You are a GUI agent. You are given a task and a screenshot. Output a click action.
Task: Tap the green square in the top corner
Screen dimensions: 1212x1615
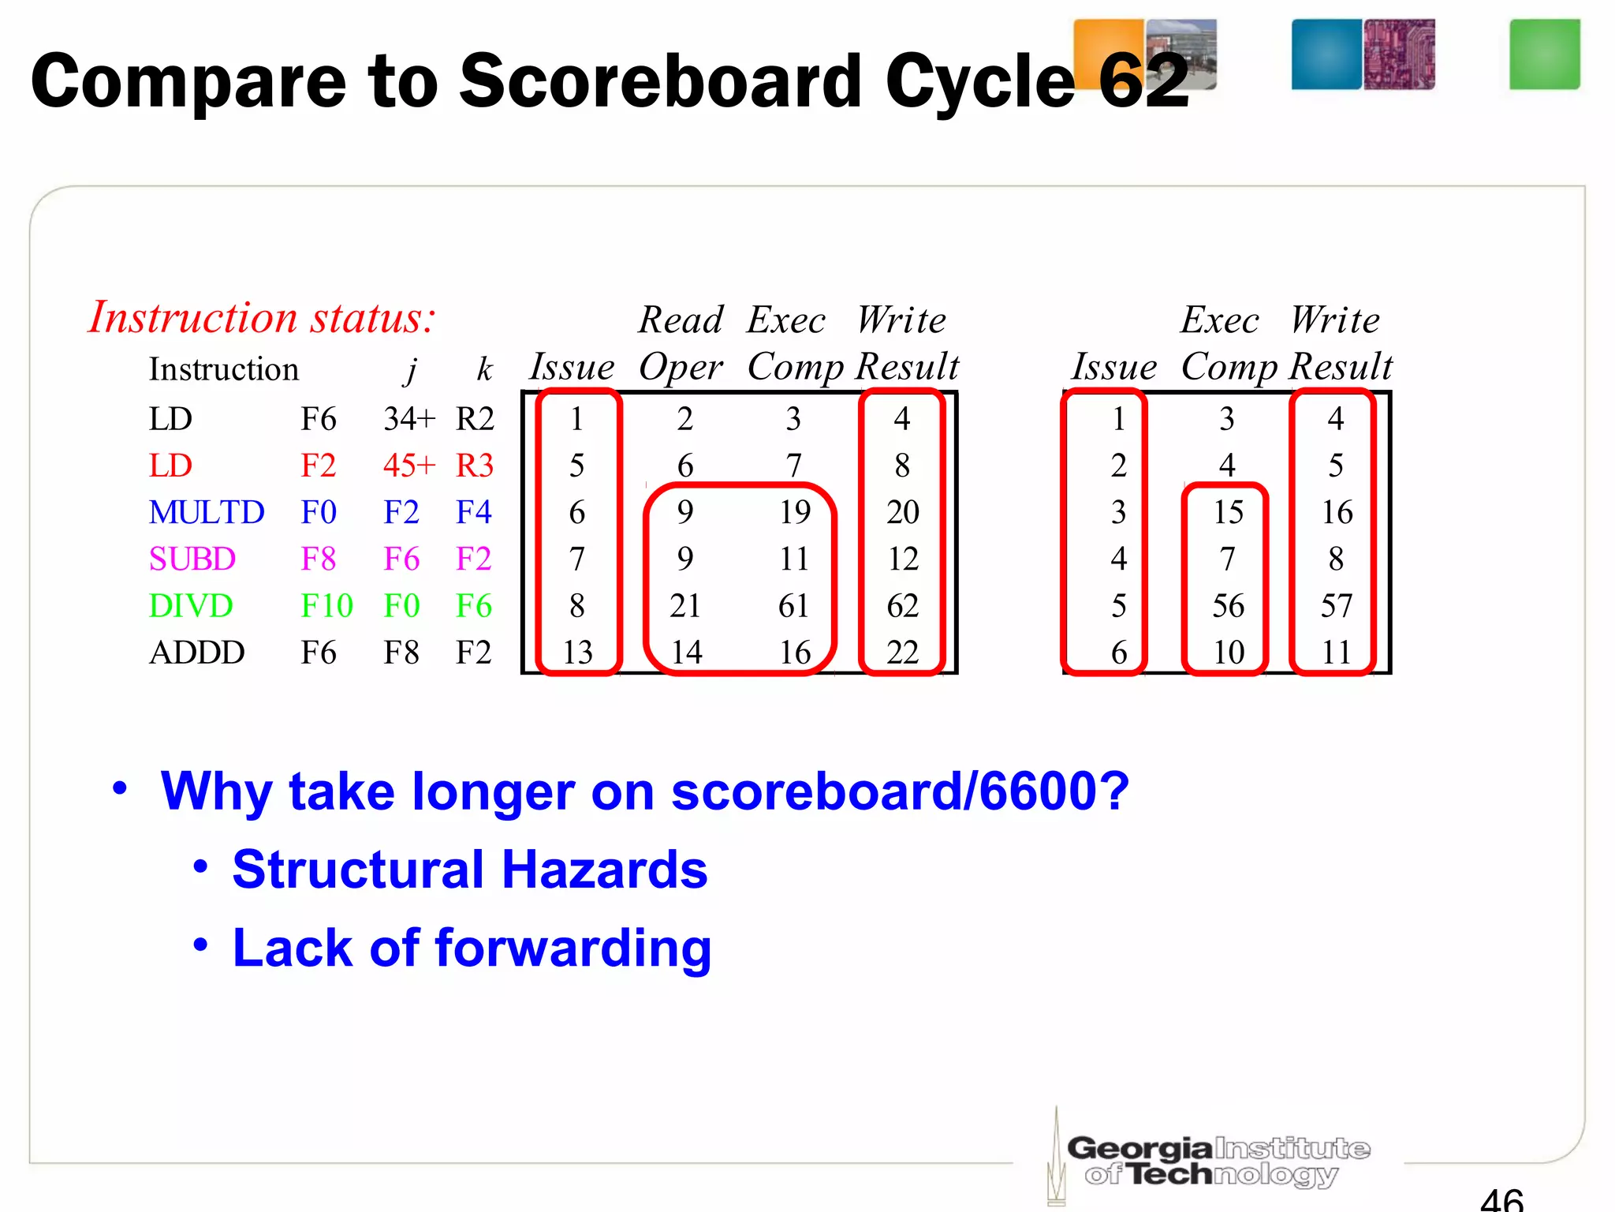click(x=1544, y=54)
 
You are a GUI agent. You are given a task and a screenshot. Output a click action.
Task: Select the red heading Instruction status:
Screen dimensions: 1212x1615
click(x=261, y=317)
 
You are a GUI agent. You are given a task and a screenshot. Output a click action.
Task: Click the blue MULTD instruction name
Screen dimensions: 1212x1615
click(x=207, y=513)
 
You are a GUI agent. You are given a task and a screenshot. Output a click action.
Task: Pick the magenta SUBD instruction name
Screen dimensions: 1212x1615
click(x=192, y=559)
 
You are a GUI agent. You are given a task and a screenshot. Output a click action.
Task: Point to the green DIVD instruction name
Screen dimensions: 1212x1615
click(x=191, y=606)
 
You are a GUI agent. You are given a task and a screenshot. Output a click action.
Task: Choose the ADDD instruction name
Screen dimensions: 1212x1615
click(x=197, y=653)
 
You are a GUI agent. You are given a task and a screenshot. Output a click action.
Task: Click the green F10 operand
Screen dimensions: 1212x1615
click(x=326, y=606)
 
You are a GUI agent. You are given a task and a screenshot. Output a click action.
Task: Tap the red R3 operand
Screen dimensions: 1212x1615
click(x=474, y=466)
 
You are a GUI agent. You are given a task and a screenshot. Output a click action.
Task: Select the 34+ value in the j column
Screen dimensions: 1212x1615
click(x=408, y=419)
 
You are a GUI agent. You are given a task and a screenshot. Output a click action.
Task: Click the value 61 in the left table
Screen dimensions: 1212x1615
click(x=794, y=606)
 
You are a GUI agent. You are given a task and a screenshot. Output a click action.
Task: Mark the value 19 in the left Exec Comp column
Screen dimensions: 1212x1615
click(x=795, y=513)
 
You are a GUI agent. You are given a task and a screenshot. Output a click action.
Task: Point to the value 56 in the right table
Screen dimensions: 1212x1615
click(x=1228, y=606)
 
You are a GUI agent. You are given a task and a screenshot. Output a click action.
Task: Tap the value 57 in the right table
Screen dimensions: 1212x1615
click(x=1337, y=606)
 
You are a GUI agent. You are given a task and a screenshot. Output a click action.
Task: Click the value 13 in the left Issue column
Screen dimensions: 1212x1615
click(x=577, y=653)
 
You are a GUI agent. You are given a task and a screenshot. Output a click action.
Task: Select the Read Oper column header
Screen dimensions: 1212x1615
click(x=681, y=342)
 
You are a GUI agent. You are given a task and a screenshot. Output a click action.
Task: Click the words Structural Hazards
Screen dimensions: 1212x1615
click(x=470, y=870)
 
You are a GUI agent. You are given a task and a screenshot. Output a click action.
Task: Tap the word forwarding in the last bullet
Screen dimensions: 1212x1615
click(x=573, y=948)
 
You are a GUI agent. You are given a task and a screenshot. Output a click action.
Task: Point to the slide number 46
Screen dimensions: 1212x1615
click(x=1501, y=1198)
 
